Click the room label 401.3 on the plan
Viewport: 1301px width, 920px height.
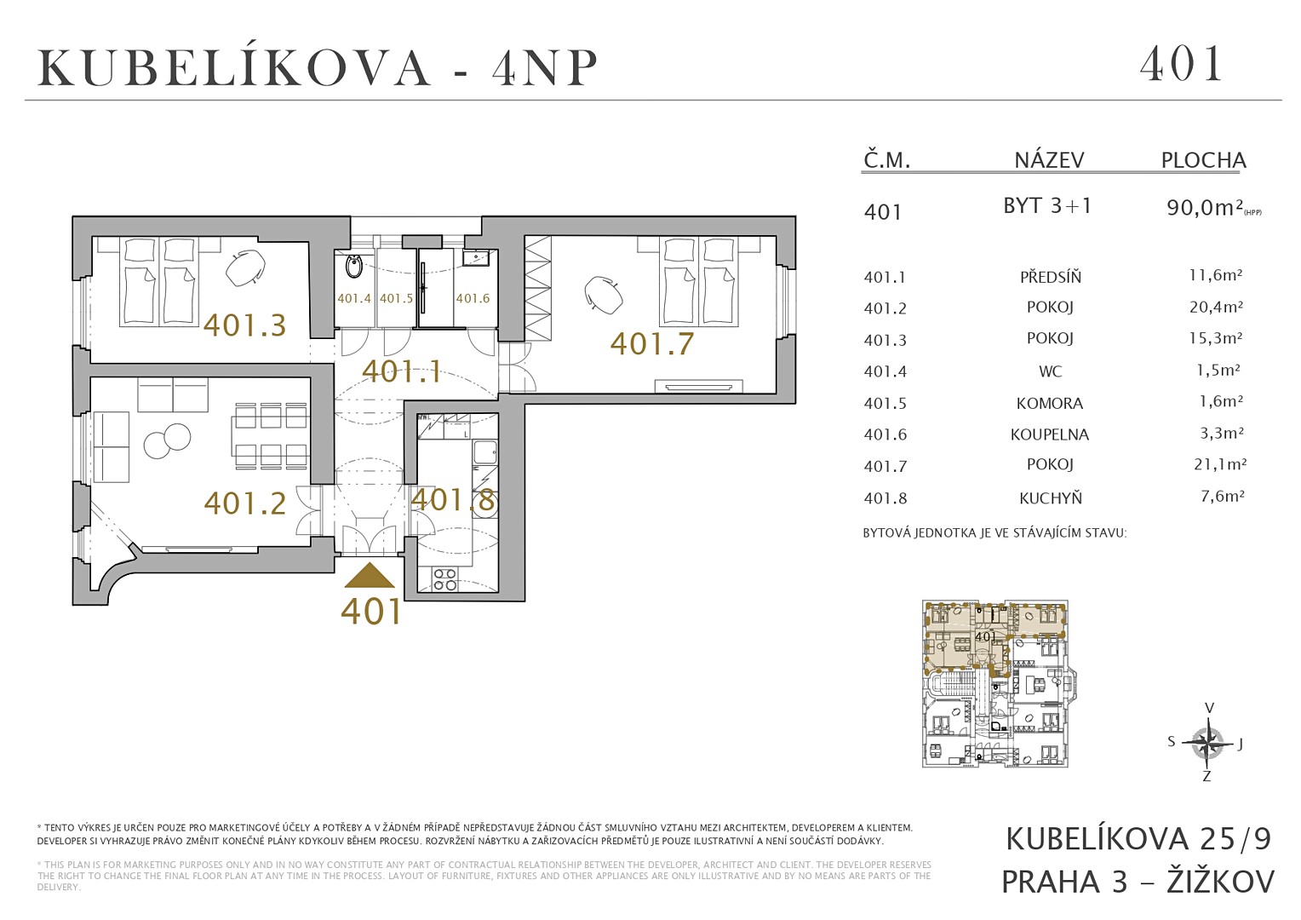tap(244, 325)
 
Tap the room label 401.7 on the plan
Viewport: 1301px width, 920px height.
tap(651, 343)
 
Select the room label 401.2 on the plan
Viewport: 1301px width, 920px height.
tap(244, 503)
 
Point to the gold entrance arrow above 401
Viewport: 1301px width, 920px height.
tap(370, 575)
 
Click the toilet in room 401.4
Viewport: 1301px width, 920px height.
tap(353, 267)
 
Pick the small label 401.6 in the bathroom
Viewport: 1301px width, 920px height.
tap(473, 298)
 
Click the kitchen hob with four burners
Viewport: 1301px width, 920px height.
tap(445, 579)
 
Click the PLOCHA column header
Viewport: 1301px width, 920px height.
tap(1203, 160)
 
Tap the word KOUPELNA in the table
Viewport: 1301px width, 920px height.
tap(1050, 434)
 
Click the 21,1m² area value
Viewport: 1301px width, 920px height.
tap(1218, 464)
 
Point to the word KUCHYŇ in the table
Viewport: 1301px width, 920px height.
tap(1050, 498)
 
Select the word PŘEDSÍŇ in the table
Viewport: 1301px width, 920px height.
tap(1050, 277)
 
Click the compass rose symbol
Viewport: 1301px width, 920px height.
tap(1207, 744)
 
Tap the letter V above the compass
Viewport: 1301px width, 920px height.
tap(1209, 709)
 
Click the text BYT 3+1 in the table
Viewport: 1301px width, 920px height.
tap(1048, 206)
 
